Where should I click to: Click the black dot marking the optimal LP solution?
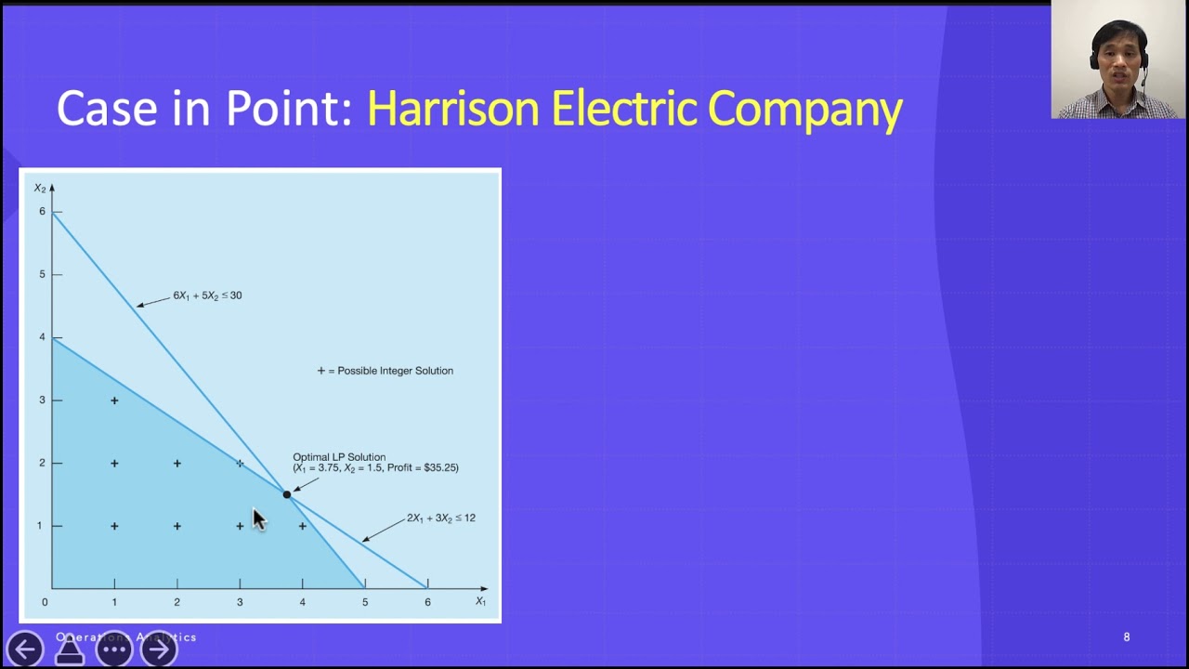pos(287,494)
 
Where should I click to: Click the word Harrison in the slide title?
pos(453,109)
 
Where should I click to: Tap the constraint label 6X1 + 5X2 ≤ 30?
pos(207,295)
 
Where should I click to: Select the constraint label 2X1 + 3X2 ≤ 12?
pos(440,518)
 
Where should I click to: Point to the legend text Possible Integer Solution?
pos(395,371)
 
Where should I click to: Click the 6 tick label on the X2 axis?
pos(42,212)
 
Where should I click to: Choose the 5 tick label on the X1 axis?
pos(365,602)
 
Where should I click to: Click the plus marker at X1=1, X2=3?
pos(114,400)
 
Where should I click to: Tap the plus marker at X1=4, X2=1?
pos(303,526)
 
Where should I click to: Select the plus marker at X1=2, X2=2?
pos(177,463)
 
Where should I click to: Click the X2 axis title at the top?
pos(40,189)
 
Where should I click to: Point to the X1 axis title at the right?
pos(480,601)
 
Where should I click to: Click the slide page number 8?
pos(1127,637)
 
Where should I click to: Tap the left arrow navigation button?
pos(25,649)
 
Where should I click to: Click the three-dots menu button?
pos(114,649)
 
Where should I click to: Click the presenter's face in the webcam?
pos(1119,58)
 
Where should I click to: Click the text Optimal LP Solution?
pos(339,457)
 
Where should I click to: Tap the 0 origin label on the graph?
pos(45,602)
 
